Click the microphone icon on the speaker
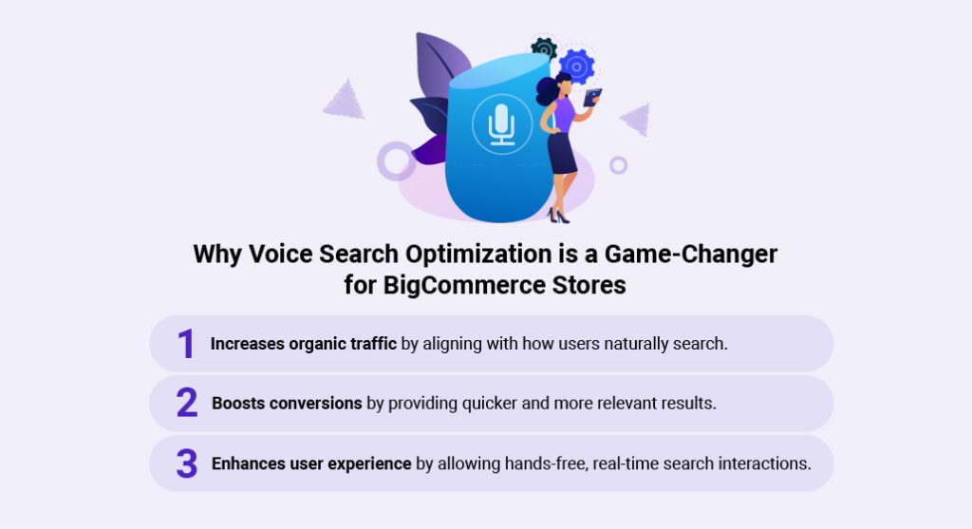coord(501,123)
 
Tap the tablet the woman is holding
coord(592,97)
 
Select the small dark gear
coord(544,47)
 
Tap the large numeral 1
coord(186,344)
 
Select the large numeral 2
coord(186,404)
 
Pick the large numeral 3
coord(186,463)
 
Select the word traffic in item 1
coord(367,344)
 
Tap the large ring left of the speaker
coord(396,161)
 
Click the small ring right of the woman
coord(618,165)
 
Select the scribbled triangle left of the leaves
coord(344,100)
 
